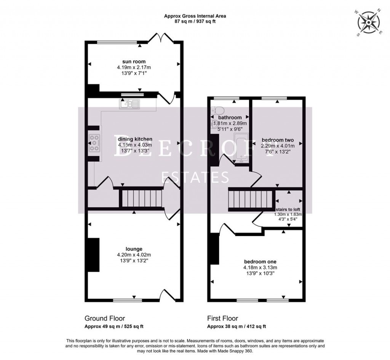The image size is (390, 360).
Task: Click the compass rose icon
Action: [x=369, y=23]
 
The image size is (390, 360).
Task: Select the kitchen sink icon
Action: [x=130, y=103]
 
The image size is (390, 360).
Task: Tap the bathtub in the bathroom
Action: [x=240, y=148]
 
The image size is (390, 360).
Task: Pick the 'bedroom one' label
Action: [x=260, y=262]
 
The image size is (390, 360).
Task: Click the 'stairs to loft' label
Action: [x=288, y=209]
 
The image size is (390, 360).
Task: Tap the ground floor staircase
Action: [x=141, y=199]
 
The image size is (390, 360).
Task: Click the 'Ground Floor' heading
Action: [x=105, y=318]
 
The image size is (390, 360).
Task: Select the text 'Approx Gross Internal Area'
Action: [x=195, y=16]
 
